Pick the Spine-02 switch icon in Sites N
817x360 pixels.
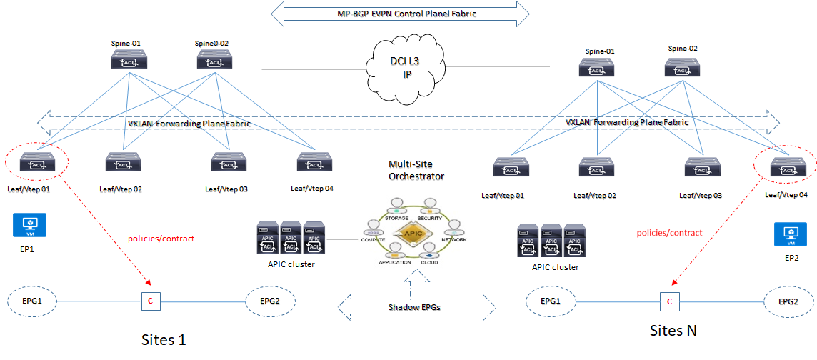[x=682, y=68]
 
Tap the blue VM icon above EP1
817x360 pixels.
[x=29, y=225]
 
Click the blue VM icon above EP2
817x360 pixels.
[x=791, y=234]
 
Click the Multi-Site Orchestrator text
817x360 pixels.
[x=416, y=170]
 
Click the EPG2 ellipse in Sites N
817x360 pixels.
[x=788, y=302]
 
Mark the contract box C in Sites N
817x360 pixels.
[x=669, y=302]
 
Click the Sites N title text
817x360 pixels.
[x=673, y=331]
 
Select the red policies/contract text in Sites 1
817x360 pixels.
[x=160, y=238]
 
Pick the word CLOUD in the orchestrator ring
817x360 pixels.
[x=431, y=261]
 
